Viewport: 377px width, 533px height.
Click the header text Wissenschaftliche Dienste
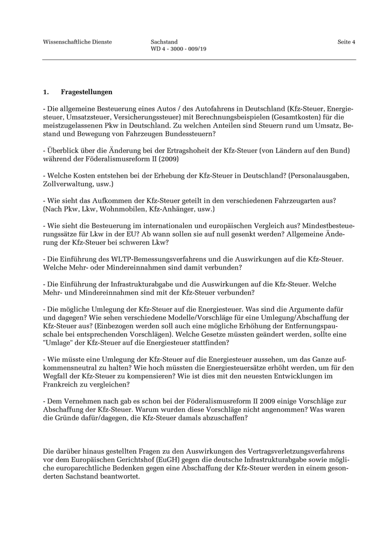click(77, 42)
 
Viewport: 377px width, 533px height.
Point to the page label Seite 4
click(346, 42)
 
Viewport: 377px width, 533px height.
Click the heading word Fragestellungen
click(87, 92)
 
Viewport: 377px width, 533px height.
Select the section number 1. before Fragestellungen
click(46, 92)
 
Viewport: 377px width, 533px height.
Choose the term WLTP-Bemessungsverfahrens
click(151, 259)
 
